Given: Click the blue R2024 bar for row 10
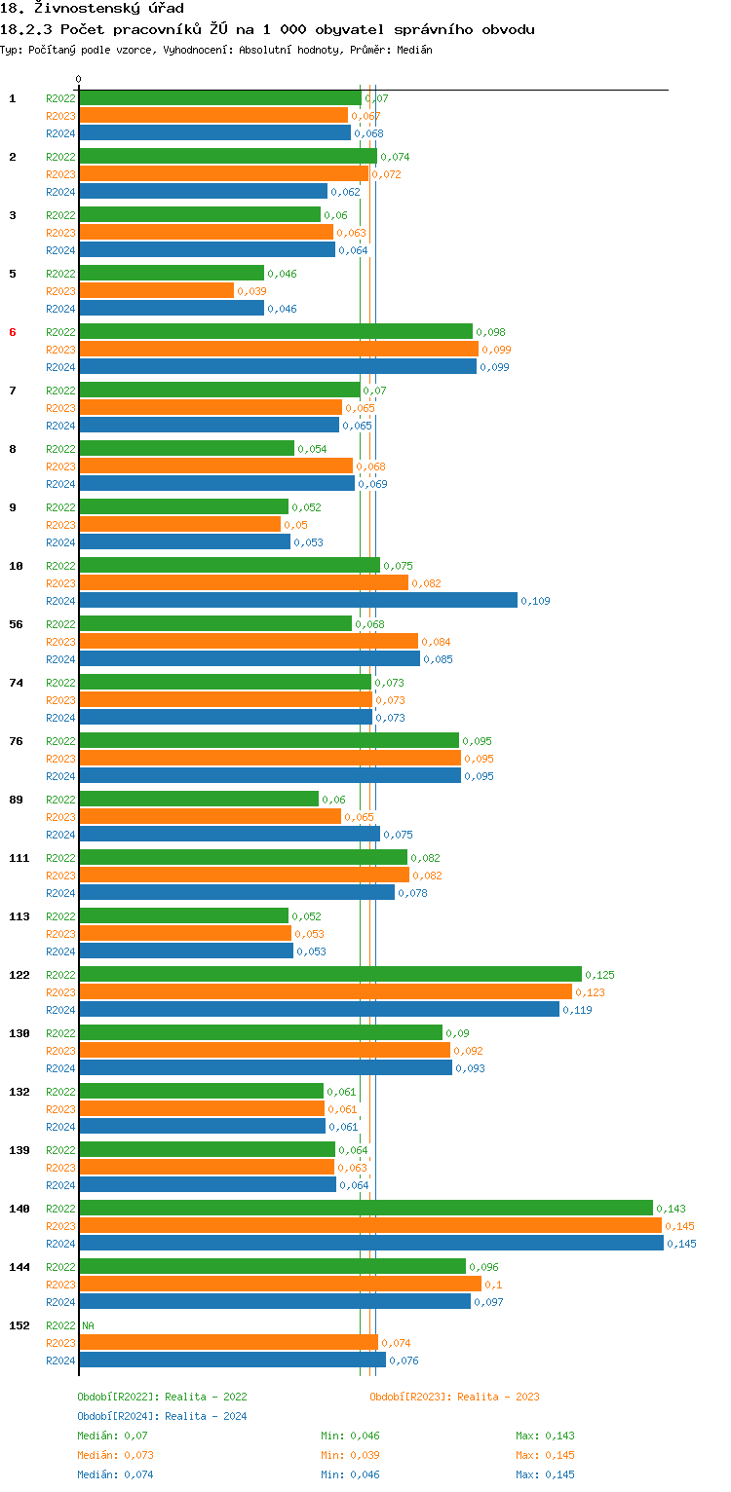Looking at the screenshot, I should [x=298, y=601].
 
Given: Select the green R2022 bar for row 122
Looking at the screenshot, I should [x=330, y=975].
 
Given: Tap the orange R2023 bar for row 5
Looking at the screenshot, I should [x=157, y=291].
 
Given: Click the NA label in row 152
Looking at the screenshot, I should [x=88, y=1325].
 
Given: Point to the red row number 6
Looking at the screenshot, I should [x=13, y=332].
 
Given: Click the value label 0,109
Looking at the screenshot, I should [x=535, y=601].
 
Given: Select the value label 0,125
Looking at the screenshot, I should [x=599, y=975].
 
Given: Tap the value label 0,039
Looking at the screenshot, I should [x=251, y=291].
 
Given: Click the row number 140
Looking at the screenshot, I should [x=19, y=1209].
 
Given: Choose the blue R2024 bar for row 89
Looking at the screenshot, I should [x=230, y=835].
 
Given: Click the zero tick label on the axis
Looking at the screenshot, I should [x=79, y=80].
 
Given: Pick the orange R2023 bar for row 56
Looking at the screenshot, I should [x=249, y=642].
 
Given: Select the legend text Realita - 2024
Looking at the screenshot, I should [x=206, y=1416].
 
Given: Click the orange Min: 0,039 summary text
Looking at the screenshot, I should [x=350, y=1455].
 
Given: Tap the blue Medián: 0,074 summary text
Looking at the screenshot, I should [x=113, y=1474].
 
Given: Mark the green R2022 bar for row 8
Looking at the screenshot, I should [x=187, y=449].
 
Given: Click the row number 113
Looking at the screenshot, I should [x=19, y=916].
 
